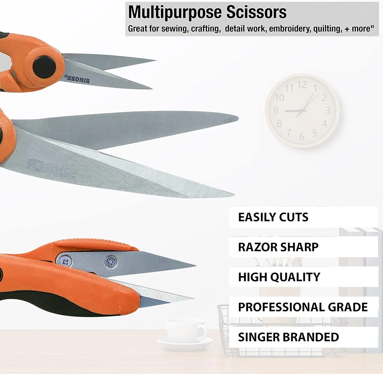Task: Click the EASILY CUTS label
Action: click(x=273, y=217)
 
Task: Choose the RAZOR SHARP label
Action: click(x=278, y=247)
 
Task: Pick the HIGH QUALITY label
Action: click(x=279, y=277)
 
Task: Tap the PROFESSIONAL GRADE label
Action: click(x=303, y=307)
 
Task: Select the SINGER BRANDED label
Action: click(x=289, y=337)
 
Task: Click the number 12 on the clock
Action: click(x=302, y=85)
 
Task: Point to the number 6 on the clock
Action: click(x=302, y=137)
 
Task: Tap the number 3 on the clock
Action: click(x=328, y=111)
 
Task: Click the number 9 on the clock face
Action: click(x=276, y=110)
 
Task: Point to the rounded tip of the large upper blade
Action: click(x=235, y=118)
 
